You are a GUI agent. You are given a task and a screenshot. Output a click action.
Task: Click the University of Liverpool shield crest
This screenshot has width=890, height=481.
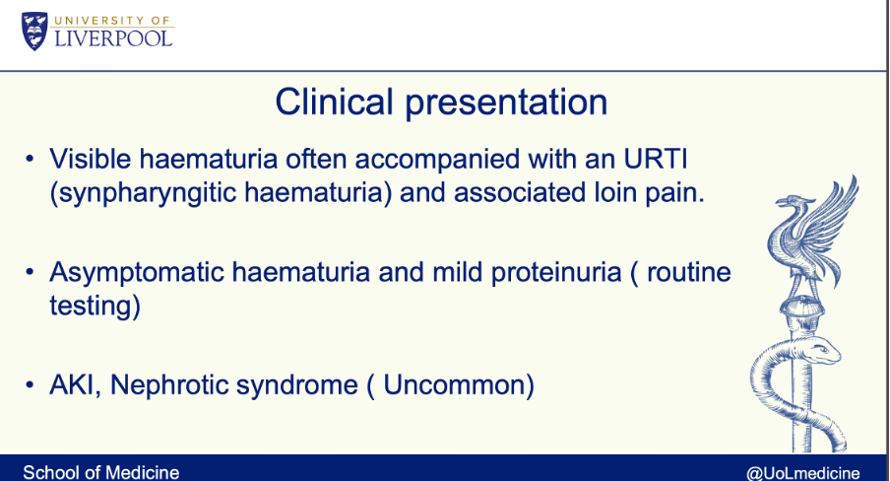coord(34,32)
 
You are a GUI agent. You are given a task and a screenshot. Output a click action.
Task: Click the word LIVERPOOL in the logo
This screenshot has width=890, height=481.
coord(113,38)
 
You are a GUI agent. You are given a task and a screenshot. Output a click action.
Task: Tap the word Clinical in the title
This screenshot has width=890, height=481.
coord(334,103)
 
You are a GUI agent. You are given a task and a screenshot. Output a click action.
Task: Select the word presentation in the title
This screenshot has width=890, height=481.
coord(506,104)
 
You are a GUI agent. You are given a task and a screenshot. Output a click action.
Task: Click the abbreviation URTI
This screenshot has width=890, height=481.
coord(656,159)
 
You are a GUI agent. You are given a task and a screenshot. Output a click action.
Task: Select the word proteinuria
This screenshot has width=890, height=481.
coord(556,272)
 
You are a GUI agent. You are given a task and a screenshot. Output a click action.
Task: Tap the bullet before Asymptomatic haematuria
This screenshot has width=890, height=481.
coord(30,272)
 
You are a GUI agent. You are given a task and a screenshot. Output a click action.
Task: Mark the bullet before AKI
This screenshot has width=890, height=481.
coord(30,385)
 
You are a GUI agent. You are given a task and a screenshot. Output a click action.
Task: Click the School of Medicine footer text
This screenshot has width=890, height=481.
coord(101,472)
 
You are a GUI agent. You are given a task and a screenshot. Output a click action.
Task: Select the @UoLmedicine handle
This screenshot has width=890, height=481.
coord(802,473)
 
